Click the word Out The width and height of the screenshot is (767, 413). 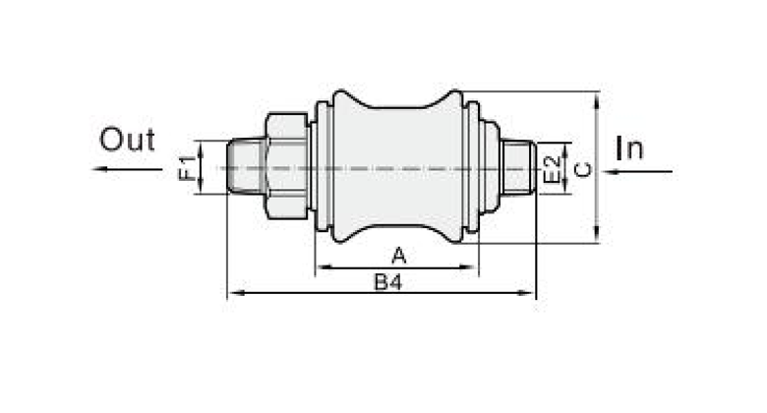point(127,140)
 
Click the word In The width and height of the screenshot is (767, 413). point(629,147)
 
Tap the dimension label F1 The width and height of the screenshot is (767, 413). point(188,168)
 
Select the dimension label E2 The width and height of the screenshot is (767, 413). point(552,169)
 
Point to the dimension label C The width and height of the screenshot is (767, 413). point(582,169)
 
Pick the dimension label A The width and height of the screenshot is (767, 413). point(399,256)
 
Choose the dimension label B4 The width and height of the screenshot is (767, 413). point(387,282)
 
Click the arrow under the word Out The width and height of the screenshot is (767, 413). point(127,169)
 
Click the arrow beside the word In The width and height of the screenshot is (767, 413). point(637,171)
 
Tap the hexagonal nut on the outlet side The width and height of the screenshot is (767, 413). point(287,166)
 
